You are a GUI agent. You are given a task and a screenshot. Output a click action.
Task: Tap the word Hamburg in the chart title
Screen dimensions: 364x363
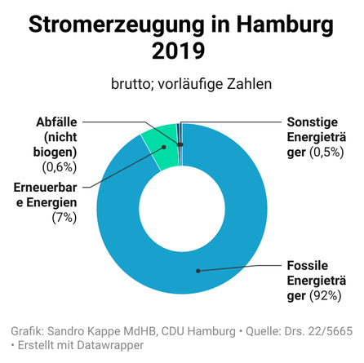click(x=285, y=25)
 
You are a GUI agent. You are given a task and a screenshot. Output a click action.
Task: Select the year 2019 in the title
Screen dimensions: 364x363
click(x=178, y=51)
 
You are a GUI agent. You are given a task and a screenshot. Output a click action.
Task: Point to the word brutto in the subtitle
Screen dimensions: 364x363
click(x=130, y=84)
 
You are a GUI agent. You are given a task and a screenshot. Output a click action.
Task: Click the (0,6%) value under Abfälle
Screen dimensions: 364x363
click(x=60, y=167)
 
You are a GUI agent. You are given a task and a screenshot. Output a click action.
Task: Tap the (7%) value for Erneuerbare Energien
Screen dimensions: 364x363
click(x=64, y=218)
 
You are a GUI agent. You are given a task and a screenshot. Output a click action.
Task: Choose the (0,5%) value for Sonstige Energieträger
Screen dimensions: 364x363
click(x=326, y=152)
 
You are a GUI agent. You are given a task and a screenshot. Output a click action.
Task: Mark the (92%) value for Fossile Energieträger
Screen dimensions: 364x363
click(x=326, y=295)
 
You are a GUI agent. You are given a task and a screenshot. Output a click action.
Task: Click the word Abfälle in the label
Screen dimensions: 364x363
click(x=56, y=122)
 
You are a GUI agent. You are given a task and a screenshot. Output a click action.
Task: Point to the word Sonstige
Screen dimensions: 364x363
click(x=313, y=122)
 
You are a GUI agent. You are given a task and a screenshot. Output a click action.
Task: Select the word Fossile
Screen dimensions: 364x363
click(x=308, y=265)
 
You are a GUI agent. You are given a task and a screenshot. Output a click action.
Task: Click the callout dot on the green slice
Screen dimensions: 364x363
click(x=164, y=147)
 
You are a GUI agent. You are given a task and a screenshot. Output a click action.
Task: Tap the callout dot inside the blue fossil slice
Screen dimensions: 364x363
click(x=198, y=271)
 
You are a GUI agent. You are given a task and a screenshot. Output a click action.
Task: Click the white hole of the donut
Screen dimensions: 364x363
click(x=182, y=209)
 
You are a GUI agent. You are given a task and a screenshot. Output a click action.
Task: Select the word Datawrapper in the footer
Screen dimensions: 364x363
click(x=110, y=345)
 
